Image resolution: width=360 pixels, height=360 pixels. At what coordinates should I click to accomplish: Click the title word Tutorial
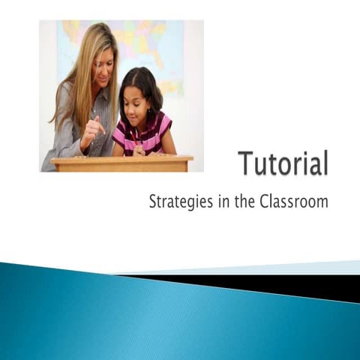[x=283, y=163]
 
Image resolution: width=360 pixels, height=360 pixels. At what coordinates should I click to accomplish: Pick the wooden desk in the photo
[x=120, y=163]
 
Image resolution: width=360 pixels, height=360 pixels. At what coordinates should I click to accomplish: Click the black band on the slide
[x=300, y=286]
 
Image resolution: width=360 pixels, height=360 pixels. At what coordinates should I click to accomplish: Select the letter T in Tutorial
[x=247, y=163]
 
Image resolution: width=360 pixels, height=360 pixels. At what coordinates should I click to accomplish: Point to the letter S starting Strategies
[x=154, y=202]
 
